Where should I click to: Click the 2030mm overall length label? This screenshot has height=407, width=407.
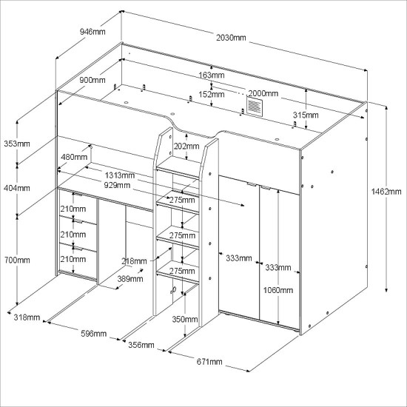coord(231,38)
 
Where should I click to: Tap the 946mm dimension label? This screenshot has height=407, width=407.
coord(92,32)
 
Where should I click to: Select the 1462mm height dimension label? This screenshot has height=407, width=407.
coord(386,192)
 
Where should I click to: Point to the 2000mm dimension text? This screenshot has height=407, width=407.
coord(263,93)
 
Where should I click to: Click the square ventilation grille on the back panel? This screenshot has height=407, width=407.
coord(254,106)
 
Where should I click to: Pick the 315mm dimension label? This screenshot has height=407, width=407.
coord(306,115)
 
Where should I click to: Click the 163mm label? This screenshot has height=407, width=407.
coord(212,75)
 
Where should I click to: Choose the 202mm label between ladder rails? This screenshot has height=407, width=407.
coord(186,147)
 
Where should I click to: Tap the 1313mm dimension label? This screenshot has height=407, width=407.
coord(120,175)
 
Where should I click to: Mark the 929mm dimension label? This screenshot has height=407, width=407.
coord(117,185)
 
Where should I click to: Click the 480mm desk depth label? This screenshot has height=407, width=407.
coord(74,157)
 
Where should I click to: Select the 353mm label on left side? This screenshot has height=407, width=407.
coord(17,144)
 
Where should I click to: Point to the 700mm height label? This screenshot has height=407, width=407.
coord(17,260)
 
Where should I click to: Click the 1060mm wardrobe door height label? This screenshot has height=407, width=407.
coord(278,290)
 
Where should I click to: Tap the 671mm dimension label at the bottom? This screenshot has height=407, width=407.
coord(209,362)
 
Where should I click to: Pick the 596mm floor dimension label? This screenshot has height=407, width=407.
coord(94,334)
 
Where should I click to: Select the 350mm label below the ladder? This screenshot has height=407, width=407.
coord(185,319)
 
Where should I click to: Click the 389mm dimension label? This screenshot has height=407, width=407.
coord(130,279)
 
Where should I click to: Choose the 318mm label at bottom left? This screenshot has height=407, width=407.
coord(27,317)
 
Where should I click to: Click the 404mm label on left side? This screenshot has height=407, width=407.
coord(17,188)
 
